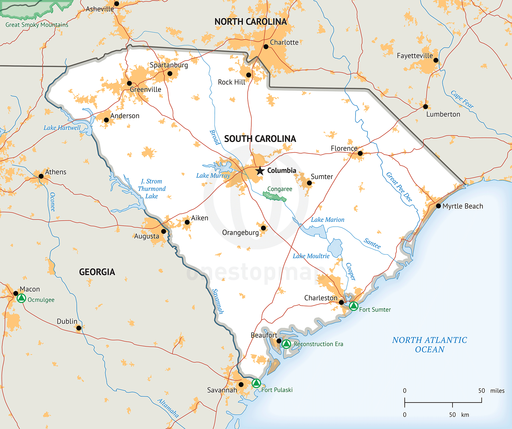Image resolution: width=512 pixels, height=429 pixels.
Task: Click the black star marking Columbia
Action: [x=260, y=171]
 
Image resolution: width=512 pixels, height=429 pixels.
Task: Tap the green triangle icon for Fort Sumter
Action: [x=353, y=306]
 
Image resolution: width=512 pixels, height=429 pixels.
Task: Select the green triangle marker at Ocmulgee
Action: [x=21, y=298]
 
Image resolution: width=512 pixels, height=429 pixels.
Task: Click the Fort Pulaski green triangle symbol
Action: [x=256, y=383]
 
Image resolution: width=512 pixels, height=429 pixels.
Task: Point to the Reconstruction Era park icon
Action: [x=286, y=344]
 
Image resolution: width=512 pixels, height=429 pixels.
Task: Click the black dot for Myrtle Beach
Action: [x=438, y=206]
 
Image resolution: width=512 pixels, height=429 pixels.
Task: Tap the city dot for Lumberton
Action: [x=426, y=107]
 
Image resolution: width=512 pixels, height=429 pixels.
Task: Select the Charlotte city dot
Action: [x=266, y=47]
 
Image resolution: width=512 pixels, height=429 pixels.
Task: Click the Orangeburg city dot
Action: [x=263, y=228]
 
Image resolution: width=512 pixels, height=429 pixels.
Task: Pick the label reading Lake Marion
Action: [x=327, y=220]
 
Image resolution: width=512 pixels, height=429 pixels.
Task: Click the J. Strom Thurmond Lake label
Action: [x=152, y=189]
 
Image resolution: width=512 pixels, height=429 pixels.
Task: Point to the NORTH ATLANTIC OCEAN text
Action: [x=430, y=345]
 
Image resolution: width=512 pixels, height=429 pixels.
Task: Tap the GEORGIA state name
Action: [x=97, y=272]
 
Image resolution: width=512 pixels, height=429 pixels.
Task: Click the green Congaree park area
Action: [x=274, y=196]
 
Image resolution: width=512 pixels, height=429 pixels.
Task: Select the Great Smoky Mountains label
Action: [x=37, y=25]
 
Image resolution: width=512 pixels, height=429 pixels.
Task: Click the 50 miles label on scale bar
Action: [x=491, y=391]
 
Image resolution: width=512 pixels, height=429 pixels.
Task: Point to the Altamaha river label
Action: [x=168, y=408]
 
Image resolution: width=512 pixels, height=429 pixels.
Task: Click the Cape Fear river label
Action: [x=462, y=99]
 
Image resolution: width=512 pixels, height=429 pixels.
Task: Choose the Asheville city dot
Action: [x=117, y=4]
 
